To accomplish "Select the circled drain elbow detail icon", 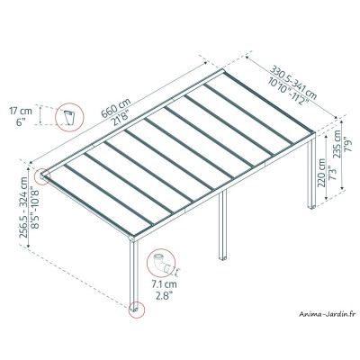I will pyautogui.click(x=162, y=266).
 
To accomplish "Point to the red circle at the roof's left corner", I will pyautogui.click(x=40, y=175).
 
